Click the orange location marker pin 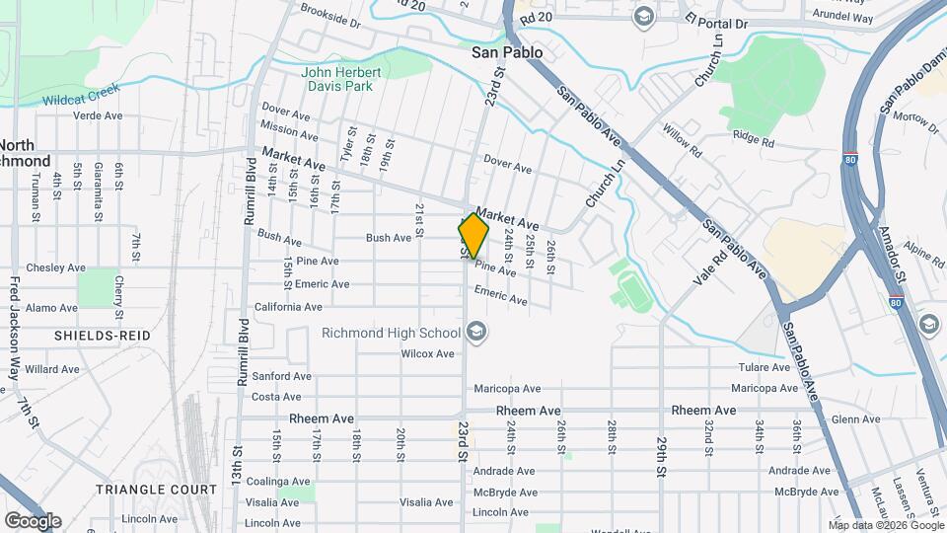coord(473,236)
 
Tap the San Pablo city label coord(508,52)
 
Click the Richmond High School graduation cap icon coord(477,332)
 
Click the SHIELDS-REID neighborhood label coord(103,336)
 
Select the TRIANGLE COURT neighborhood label coord(156,490)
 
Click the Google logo coord(33,521)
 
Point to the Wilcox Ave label coord(427,353)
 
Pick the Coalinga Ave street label coord(281,482)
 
